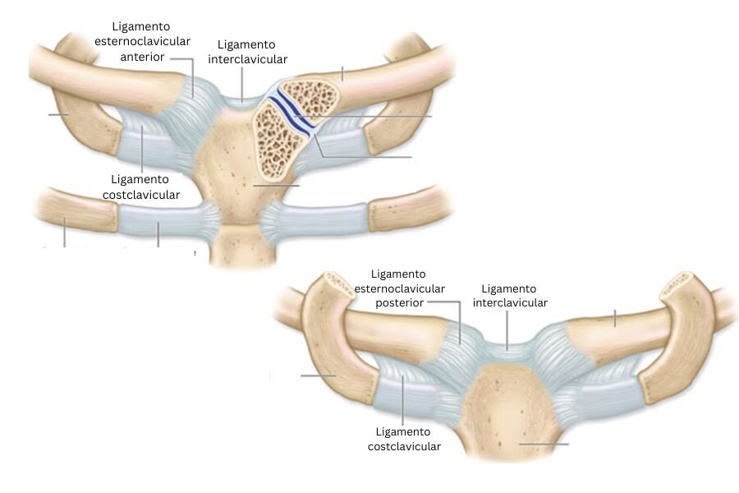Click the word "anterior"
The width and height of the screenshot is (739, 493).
[x=142, y=57]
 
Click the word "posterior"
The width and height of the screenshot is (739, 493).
[x=399, y=303]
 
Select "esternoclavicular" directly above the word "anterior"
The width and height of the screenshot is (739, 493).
[x=142, y=42]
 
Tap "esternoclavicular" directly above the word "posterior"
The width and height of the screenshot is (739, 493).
[x=400, y=288]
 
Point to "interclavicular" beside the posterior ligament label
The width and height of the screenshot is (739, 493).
[x=510, y=302]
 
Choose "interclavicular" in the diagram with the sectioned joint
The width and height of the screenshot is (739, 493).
[x=247, y=59]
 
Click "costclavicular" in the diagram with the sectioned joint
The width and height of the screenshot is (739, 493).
[x=141, y=195]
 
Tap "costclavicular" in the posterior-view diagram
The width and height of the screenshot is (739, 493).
[x=404, y=446]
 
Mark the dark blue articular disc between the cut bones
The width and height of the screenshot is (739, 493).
[x=291, y=112]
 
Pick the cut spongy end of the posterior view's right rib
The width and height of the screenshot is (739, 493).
[x=678, y=284]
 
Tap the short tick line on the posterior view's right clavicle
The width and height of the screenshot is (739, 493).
[x=614, y=319]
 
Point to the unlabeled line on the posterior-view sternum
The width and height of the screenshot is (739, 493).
[x=544, y=444]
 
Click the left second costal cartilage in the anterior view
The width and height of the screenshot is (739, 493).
[x=168, y=220]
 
